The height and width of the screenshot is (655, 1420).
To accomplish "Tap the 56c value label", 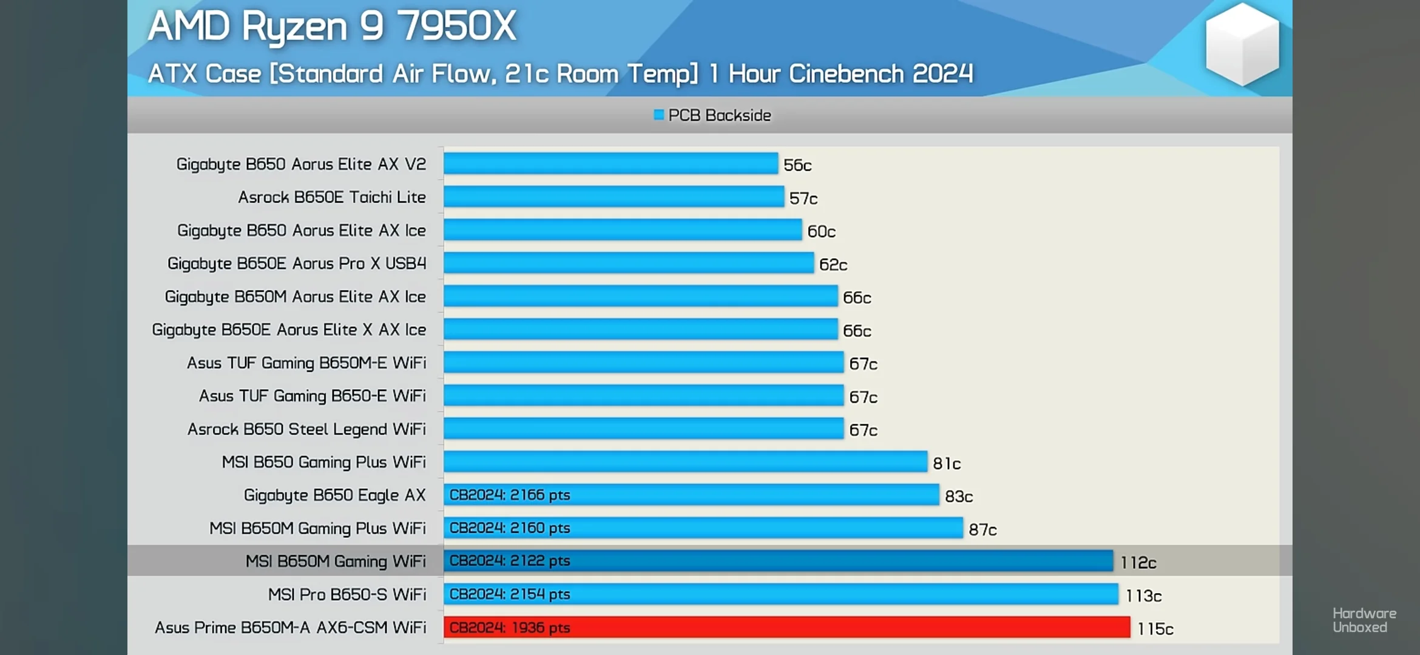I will click(797, 165).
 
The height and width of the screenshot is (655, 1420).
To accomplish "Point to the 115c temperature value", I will click(1155, 629).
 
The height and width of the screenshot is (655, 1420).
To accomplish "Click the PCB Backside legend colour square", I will click(658, 115).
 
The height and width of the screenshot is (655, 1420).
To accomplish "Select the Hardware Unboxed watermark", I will click(1364, 620).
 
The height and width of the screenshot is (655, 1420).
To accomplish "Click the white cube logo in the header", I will click(1242, 44).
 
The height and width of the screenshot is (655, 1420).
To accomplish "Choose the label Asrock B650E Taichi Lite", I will click(331, 197).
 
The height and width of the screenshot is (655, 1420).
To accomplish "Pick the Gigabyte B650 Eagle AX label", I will click(334, 495).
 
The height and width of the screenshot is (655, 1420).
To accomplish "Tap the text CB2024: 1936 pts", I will click(510, 628).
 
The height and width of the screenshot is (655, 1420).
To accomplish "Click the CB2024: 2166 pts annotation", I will click(510, 495).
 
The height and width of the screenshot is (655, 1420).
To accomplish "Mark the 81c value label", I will click(946, 463).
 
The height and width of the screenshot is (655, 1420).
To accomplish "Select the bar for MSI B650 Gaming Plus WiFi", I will click(685, 462).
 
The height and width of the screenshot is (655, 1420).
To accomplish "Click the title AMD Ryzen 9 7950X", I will click(331, 27).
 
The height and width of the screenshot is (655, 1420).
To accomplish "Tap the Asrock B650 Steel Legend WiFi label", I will click(306, 429).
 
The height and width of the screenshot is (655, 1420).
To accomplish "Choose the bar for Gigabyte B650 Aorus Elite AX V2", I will click(610, 164).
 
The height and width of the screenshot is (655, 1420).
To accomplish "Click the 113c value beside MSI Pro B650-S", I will click(1143, 596).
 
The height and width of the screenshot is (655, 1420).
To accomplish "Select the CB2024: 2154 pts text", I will click(510, 594).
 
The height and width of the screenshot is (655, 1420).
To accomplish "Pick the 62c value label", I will click(833, 264).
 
